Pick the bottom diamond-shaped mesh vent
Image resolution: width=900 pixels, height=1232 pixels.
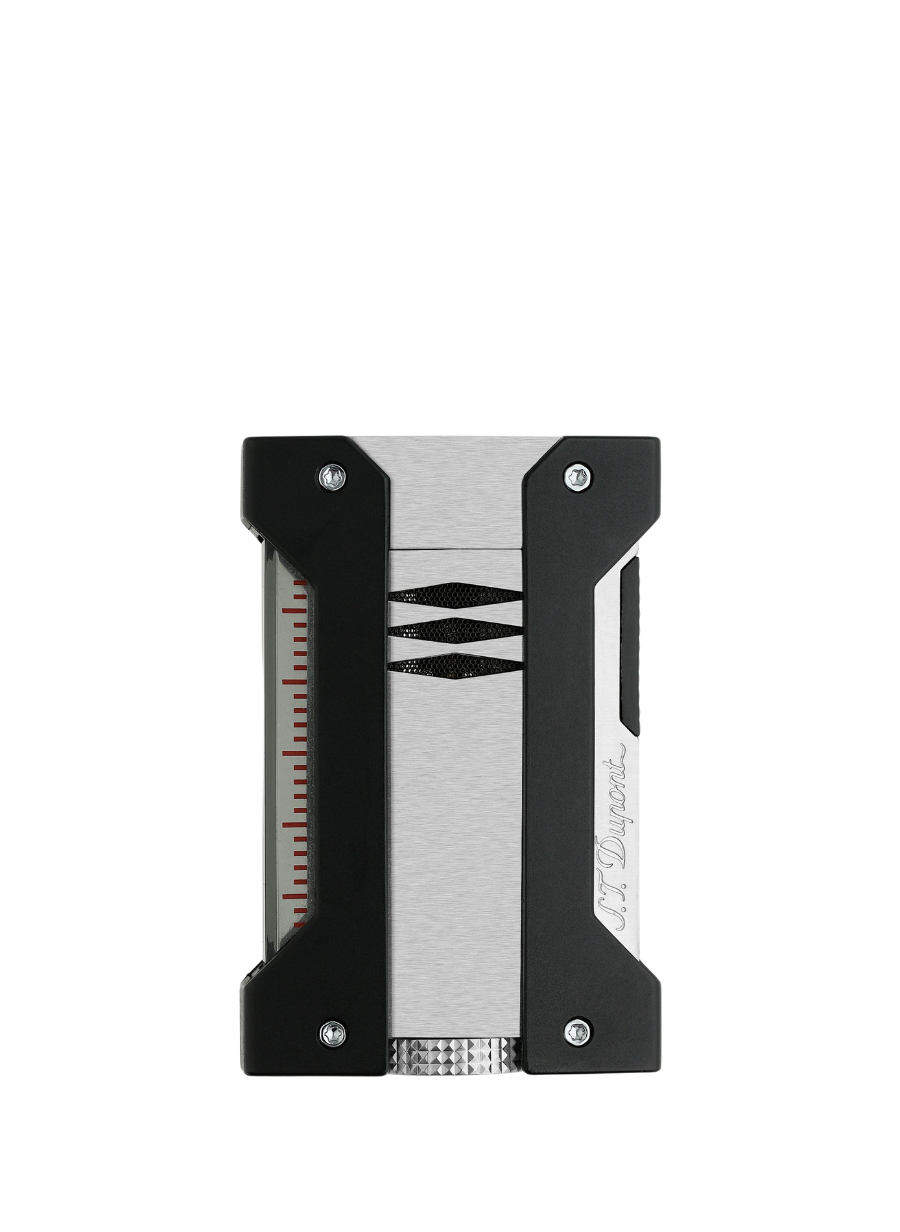click(x=456, y=663)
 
